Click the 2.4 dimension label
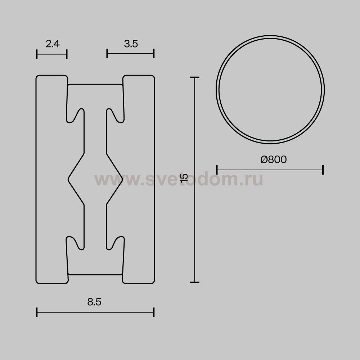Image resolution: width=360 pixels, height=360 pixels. point(53,44)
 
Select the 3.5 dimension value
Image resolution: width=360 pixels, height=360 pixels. point(131,44)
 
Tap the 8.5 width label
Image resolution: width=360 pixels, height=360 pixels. point(94,302)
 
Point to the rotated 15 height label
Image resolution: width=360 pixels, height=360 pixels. point(184,178)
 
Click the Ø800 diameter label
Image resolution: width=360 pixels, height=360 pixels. point(274,159)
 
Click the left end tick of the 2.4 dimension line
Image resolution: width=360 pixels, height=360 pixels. point(37,54)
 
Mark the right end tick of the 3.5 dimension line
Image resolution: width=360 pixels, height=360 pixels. point(154,54)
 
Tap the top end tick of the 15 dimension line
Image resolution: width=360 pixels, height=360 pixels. point(195,78)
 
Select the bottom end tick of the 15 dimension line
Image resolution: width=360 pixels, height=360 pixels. point(195,282)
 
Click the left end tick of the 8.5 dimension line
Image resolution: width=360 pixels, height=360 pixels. point(37,312)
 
